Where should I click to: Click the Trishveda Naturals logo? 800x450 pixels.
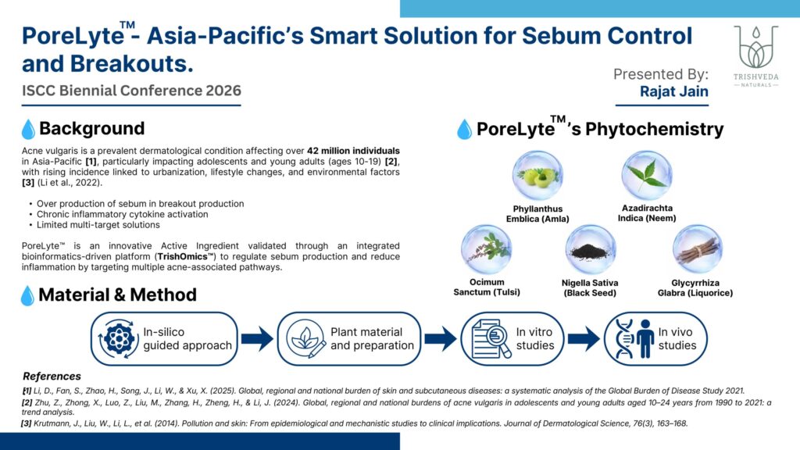point(756,56)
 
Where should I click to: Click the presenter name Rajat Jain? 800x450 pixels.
point(674,91)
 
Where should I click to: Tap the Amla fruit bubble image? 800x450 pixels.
point(537,176)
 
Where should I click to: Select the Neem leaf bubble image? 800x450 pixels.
point(646,176)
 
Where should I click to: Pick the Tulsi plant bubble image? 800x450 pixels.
point(486,250)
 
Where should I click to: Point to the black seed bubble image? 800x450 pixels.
point(591,250)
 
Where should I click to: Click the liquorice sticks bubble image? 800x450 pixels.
point(697,250)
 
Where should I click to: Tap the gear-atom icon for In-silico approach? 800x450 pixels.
point(119,339)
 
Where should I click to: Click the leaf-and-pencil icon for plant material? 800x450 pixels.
point(305,339)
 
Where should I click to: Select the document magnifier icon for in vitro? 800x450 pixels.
point(491,339)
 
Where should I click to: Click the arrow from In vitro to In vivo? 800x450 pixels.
point(584,339)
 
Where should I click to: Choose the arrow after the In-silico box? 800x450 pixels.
point(257,339)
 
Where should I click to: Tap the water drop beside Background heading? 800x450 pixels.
point(29,129)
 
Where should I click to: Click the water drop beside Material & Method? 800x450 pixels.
point(27,296)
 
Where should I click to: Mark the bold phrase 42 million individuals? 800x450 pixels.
point(353,151)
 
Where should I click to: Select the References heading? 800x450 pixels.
point(52,377)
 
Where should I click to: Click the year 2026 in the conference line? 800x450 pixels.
point(223,91)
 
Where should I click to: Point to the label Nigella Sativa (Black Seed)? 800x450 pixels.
point(590,287)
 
